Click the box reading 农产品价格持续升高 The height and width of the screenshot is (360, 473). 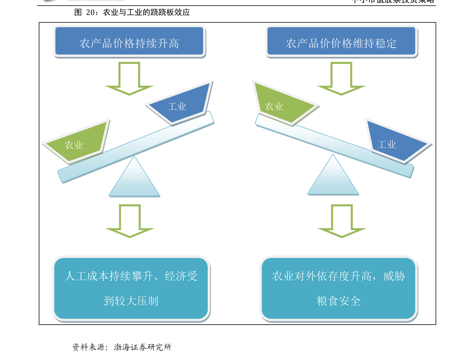pyautogui.click(x=129, y=41)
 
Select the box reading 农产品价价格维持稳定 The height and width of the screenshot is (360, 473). pyautogui.click(x=341, y=41)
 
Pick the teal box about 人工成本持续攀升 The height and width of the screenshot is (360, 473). pyautogui.click(x=131, y=288)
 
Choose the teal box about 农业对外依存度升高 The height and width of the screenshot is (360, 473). pyautogui.click(x=338, y=288)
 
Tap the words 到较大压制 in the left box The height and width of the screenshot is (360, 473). pyautogui.click(x=131, y=301)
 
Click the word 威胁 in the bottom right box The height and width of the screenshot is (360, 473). pyautogui.click(x=394, y=276)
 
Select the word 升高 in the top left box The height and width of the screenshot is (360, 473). pyautogui.click(x=168, y=43)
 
